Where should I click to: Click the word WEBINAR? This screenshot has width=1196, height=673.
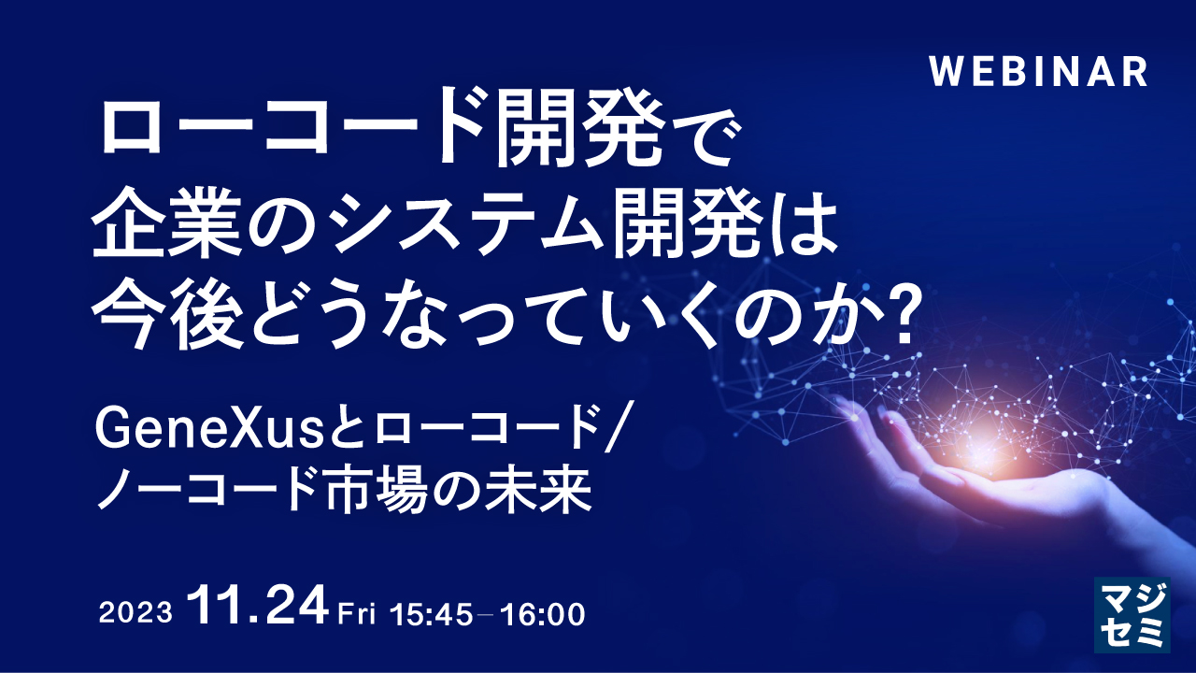pos(1039,72)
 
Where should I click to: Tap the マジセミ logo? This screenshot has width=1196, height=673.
pos(1132,613)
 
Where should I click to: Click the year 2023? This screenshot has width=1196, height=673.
pos(135,614)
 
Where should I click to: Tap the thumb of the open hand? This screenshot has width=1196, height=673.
pos(864,411)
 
